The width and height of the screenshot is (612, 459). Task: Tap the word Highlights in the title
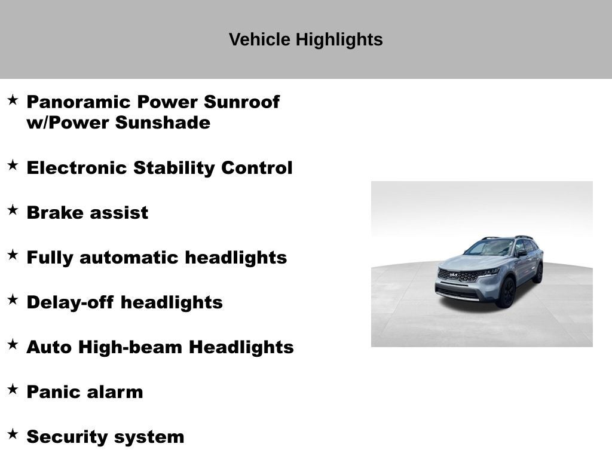coord(339,39)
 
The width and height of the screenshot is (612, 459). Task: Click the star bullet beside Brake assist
coord(13,210)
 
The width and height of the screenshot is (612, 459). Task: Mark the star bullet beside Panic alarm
coord(13,389)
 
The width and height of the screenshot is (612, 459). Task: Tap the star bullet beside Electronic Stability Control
coord(13,165)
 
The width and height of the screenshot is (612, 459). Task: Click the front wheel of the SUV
coord(506,293)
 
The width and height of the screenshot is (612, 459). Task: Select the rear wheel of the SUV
coord(538,273)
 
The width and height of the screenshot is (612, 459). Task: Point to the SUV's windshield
coord(490,247)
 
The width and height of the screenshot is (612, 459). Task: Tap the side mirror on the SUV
coord(521,253)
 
